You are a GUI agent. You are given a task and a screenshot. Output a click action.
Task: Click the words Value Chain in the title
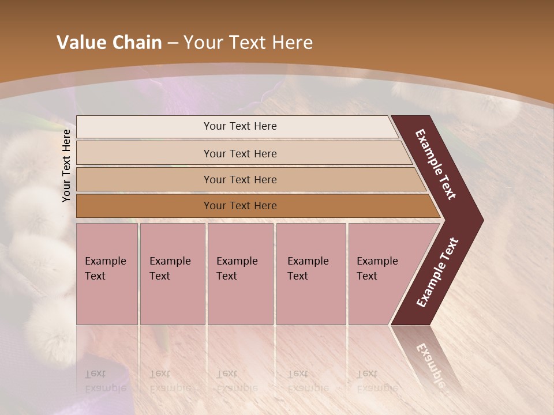tap(109, 43)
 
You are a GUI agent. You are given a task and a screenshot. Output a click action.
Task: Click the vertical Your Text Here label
tap(67, 165)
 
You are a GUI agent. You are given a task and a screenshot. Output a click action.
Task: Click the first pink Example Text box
tap(107, 273)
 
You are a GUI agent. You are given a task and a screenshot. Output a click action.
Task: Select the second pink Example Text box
tap(172, 273)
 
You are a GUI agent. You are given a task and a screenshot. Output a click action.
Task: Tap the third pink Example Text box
tap(240, 273)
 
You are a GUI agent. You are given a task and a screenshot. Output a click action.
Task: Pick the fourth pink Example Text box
tap(310, 273)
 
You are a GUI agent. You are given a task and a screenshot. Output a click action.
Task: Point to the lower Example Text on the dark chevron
tap(437, 272)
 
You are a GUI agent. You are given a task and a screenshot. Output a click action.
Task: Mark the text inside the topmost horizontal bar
tap(240, 126)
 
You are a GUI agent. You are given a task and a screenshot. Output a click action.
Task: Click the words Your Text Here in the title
tap(248, 43)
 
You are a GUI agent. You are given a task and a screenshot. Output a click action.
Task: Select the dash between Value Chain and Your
tap(173, 43)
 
